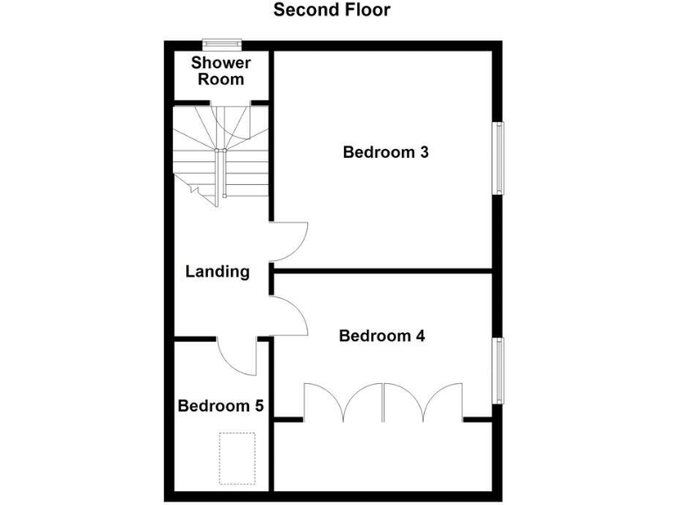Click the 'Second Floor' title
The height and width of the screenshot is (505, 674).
332,11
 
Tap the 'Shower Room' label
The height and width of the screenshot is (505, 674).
220,71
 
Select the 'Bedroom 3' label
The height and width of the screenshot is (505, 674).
385,153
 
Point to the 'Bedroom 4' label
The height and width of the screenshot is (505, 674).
382,336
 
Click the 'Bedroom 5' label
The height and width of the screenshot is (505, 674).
220,406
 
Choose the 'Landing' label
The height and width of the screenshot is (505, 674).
218,272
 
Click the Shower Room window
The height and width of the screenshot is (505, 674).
221,43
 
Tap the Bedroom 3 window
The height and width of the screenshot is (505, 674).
498,158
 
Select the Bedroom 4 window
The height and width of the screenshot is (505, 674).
498,372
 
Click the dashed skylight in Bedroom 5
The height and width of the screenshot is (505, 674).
236,458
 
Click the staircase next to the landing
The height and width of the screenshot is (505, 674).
220,153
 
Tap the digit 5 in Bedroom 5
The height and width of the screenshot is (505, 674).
259,406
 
